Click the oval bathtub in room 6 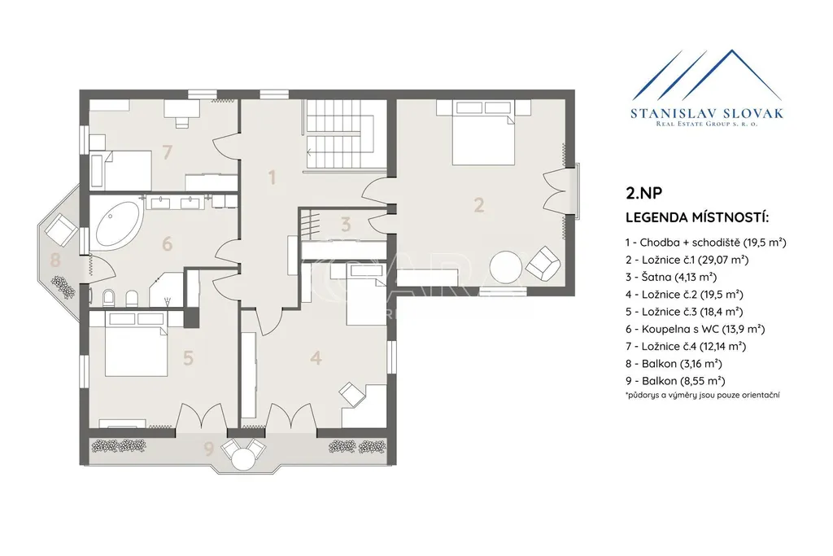tap(117, 225)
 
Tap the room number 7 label tap(168, 152)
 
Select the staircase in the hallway tap(345, 135)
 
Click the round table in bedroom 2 tap(506, 267)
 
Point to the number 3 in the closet tap(346, 225)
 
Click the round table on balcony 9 tap(244, 458)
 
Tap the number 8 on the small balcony tap(55, 260)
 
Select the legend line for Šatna tap(671, 277)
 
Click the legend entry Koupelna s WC tap(695, 329)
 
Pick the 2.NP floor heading tap(644, 193)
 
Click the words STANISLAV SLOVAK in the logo tap(707, 113)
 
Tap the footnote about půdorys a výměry tap(703, 395)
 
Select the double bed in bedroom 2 tap(483, 133)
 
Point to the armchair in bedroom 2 tap(543, 263)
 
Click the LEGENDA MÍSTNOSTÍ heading tap(697, 217)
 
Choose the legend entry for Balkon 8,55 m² tap(675, 381)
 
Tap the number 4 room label tap(316, 357)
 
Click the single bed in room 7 tap(121, 169)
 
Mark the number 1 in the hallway tap(272, 177)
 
